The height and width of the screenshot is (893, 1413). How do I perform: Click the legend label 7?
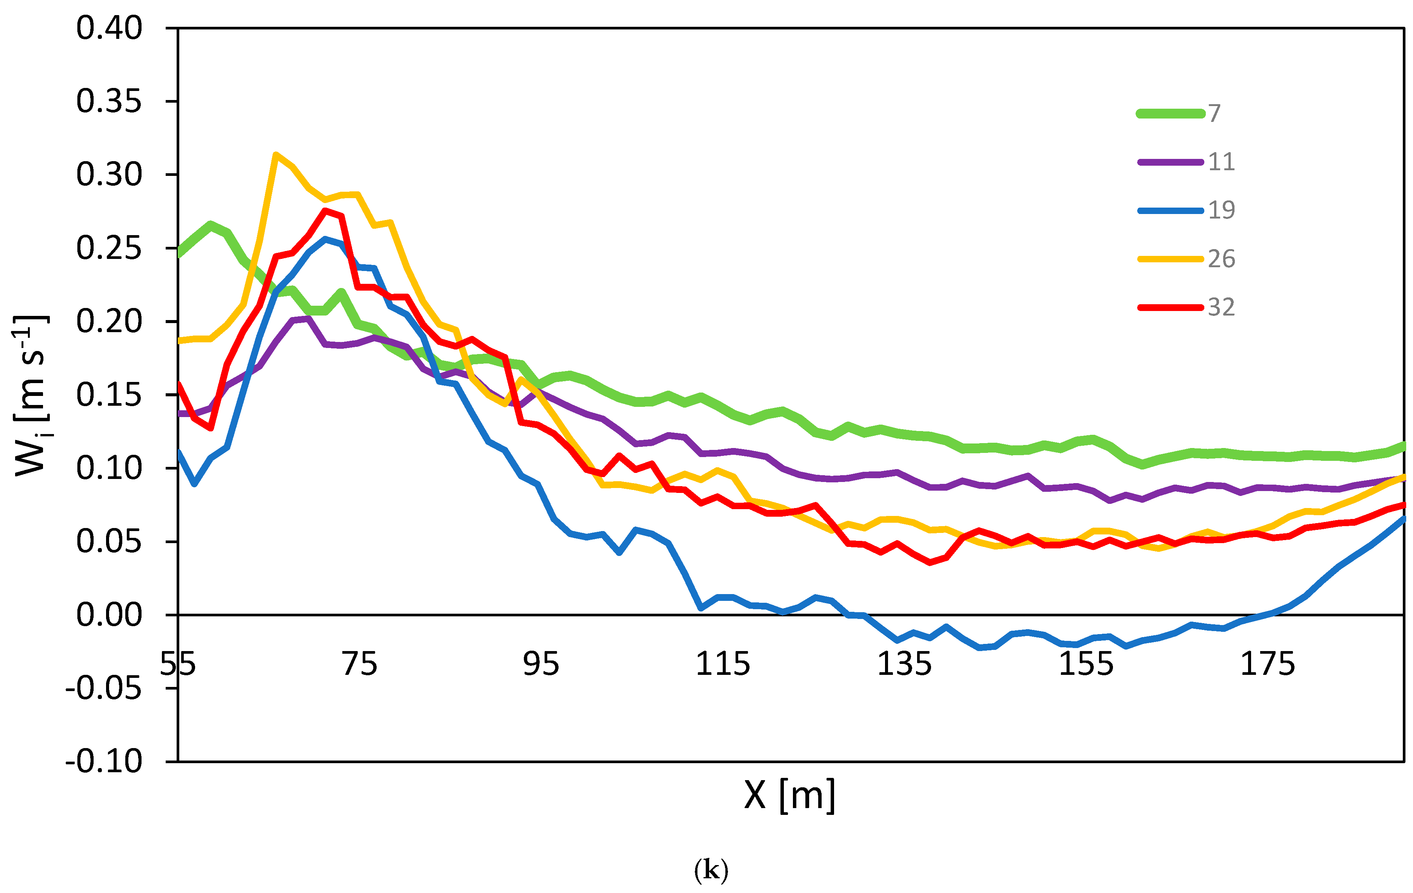click(1214, 113)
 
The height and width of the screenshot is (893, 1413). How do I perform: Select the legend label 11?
click(1221, 162)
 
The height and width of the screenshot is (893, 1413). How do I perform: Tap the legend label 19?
click(1221, 210)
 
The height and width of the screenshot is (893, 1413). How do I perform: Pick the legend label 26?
click(1221, 259)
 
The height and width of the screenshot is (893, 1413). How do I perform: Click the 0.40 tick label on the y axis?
click(109, 28)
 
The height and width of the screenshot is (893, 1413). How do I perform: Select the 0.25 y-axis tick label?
click(109, 248)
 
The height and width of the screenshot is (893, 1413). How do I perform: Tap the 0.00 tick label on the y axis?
click(109, 615)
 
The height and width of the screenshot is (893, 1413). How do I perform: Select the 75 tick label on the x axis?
click(359, 664)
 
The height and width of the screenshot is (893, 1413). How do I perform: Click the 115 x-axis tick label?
click(722, 664)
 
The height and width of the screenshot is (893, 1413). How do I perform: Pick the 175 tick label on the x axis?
click(1267, 664)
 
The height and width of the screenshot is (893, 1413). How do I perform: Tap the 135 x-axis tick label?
click(904, 664)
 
